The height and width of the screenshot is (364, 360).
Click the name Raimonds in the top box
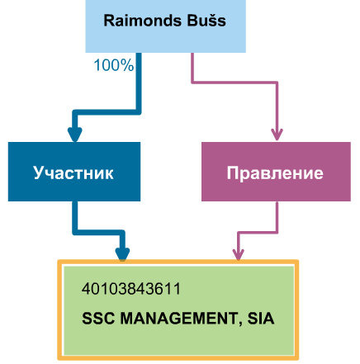click(142, 21)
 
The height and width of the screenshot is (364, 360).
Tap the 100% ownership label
click(114, 65)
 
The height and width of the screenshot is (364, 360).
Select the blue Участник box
click(74, 172)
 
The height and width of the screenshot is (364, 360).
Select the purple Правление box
click(276, 172)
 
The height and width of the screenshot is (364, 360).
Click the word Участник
click(73, 173)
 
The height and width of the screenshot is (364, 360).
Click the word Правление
click(275, 173)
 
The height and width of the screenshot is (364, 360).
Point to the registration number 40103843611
click(131, 289)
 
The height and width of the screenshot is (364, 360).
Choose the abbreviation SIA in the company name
click(261, 319)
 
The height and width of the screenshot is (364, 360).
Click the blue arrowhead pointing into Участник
click(75, 135)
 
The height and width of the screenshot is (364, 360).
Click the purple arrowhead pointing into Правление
click(277, 135)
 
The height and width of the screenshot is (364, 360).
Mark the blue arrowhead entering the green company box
click(122, 254)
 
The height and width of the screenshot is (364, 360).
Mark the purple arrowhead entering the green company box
click(239, 254)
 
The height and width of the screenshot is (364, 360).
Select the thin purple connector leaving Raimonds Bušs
click(234, 83)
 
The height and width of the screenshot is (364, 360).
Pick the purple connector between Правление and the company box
click(258, 233)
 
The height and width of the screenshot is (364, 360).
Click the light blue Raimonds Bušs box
click(165, 26)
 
